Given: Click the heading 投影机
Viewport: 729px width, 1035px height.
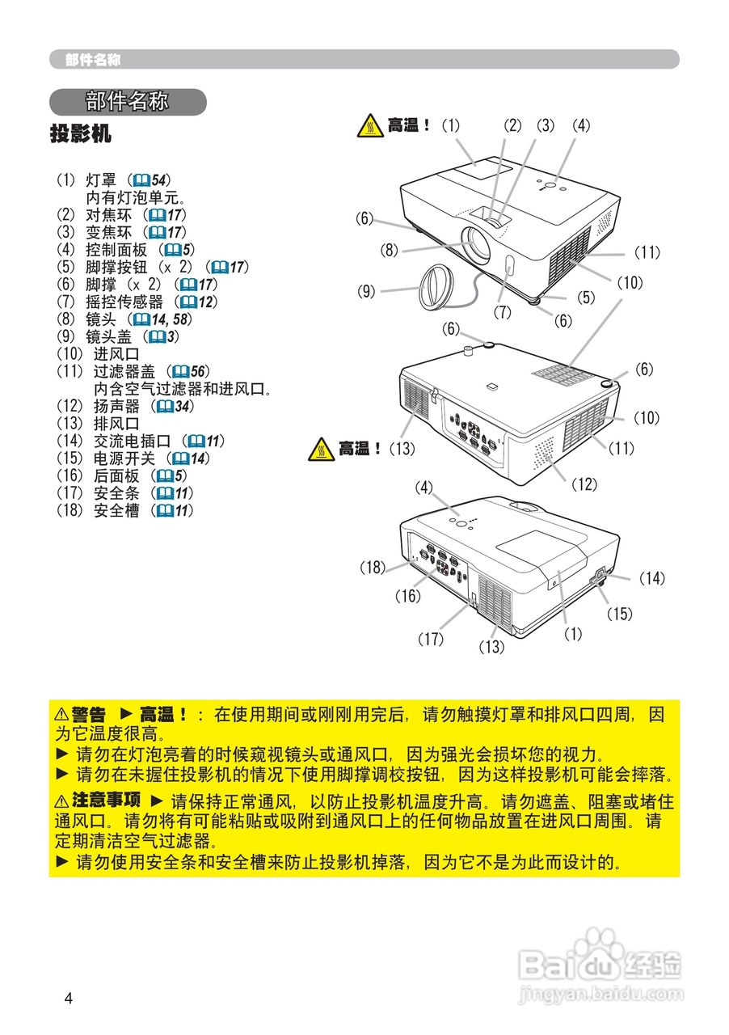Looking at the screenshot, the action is coord(81,133).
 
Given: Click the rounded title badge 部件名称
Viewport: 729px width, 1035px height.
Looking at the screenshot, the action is coord(128,102).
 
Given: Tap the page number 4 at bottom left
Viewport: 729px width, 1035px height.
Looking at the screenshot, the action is coord(69,998).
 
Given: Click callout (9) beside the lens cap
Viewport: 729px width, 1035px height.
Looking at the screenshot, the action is coord(367,291).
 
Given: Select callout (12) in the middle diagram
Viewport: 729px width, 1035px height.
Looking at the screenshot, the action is coord(584,484).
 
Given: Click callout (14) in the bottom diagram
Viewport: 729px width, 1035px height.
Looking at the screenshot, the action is coord(651,578).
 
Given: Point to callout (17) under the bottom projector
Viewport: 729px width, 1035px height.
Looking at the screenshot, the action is coord(431,639).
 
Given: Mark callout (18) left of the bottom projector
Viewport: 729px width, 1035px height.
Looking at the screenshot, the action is coord(373,568).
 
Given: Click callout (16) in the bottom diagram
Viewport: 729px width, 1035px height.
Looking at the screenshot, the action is coord(408,597).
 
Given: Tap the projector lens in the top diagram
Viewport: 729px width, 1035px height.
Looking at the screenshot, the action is coord(478,243).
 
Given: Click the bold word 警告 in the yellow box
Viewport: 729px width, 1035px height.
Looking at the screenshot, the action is coord(88,715).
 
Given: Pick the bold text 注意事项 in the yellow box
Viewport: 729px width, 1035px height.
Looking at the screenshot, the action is coord(106,801).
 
